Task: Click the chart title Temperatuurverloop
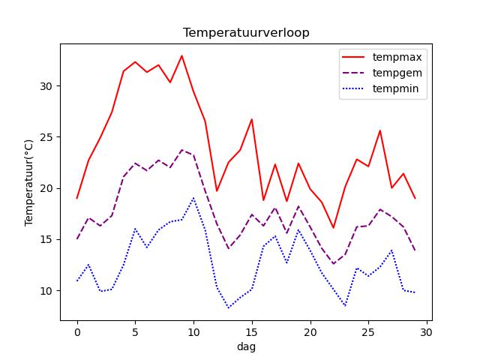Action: click(x=246, y=33)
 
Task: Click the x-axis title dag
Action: click(x=246, y=347)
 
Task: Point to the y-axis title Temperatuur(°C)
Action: click(x=28, y=182)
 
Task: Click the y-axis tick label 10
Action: click(x=46, y=291)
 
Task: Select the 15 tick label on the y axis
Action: click(x=46, y=239)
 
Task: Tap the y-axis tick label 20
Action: click(x=46, y=188)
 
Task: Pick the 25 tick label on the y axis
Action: click(x=46, y=137)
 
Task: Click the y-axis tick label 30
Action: click(x=46, y=86)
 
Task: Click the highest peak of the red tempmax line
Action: click(x=181, y=55)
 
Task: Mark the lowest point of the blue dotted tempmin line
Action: click(x=228, y=307)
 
